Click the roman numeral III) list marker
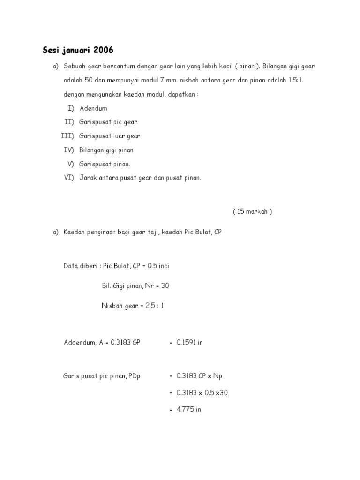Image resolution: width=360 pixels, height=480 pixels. (67, 136)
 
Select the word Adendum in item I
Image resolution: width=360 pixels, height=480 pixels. (93, 108)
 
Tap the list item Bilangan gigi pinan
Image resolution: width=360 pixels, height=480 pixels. (106, 150)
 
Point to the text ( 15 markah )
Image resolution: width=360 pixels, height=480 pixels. (252, 211)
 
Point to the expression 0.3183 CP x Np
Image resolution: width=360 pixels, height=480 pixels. (199, 376)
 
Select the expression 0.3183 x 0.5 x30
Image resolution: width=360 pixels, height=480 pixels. (202, 393)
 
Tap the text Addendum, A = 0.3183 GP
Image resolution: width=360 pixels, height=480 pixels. (102, 343)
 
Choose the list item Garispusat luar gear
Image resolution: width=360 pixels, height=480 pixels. (110, 136)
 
